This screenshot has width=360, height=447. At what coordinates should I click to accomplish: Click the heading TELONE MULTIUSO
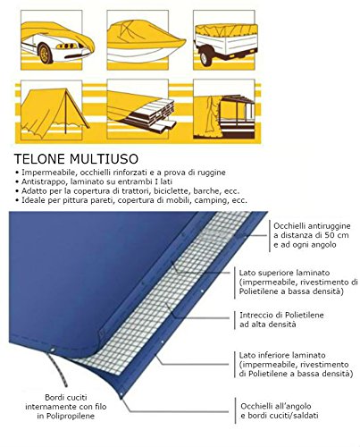click(x=76, y=159)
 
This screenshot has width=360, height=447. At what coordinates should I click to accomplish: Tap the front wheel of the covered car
click(x=46, y=54)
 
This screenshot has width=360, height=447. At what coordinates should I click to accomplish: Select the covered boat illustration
click(x=146, y=41)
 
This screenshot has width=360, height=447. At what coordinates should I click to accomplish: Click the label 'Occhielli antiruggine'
click(x=312, y=226)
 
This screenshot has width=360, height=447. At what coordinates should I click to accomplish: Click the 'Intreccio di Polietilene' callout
click(x=281, y=315)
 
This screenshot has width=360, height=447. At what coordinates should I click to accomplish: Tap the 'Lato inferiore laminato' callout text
click(x=282, y=355)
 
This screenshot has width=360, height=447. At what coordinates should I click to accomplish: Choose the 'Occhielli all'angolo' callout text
click(x=276, y=406)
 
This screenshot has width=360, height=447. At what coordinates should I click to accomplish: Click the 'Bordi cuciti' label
click(x=66, y=397)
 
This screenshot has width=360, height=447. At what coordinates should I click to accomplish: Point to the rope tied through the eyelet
click(x=57, y=368)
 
